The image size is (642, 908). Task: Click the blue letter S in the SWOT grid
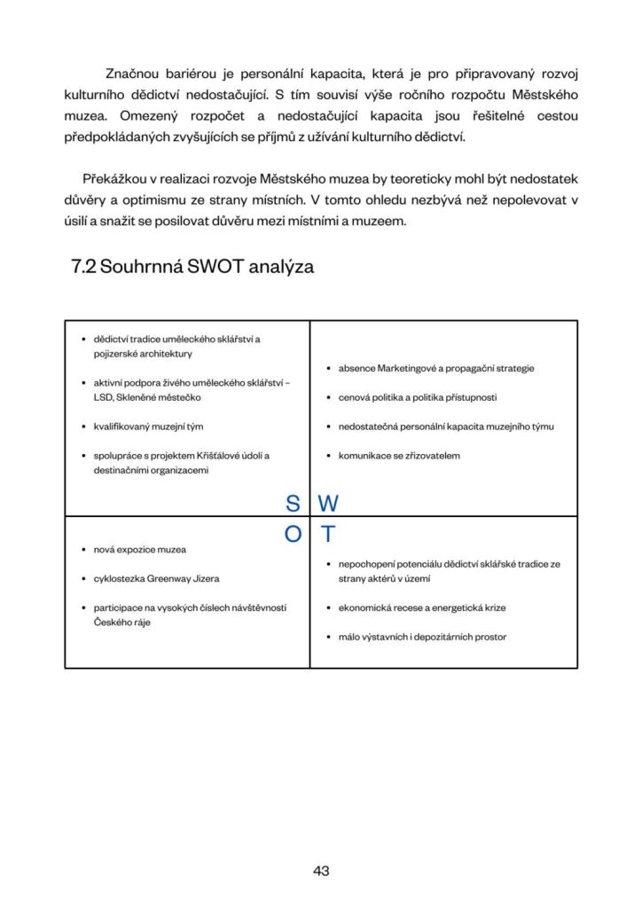(x=292, y=504)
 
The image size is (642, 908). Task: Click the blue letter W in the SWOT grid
(x=328, y=504)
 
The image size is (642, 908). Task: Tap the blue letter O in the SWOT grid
(x=292, y=535)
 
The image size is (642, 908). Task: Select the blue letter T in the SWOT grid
(x=327, y=535)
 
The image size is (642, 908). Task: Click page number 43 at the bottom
(x=321, y=871)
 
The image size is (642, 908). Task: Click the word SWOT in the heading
(x=218, y=266)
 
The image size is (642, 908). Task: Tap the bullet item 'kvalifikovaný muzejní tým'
(x=148, y=427)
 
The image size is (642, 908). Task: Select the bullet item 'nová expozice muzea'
(x=140, y=550)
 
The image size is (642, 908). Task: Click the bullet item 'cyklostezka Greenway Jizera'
(x=156, y=578)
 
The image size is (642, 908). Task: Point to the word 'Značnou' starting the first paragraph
(x=133, y=72)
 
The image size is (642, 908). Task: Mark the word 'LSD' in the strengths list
(x=103, y=397)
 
